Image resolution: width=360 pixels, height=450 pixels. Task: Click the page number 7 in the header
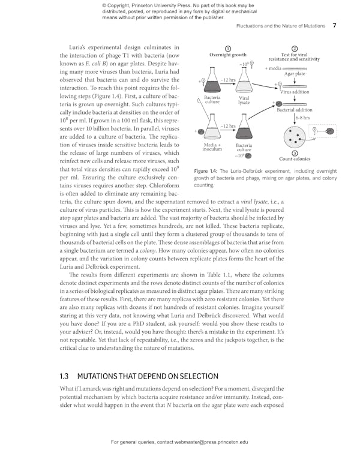[334, 26]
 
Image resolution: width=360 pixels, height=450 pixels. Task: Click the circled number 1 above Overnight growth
[227, 49]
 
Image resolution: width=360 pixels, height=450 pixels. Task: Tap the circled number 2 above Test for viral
[294, 49]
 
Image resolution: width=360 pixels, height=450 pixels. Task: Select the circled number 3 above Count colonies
[295, 154]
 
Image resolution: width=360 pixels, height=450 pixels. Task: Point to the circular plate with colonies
[295, 136]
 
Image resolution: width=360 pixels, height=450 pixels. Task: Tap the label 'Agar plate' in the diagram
[295, 74]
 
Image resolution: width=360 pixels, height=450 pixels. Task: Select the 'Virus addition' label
[295, 92]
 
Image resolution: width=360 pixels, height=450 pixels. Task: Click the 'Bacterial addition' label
[294, 110]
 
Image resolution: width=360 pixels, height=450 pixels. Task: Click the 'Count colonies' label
[295, 159]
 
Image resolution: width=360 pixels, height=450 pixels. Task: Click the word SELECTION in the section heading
[193, 376]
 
